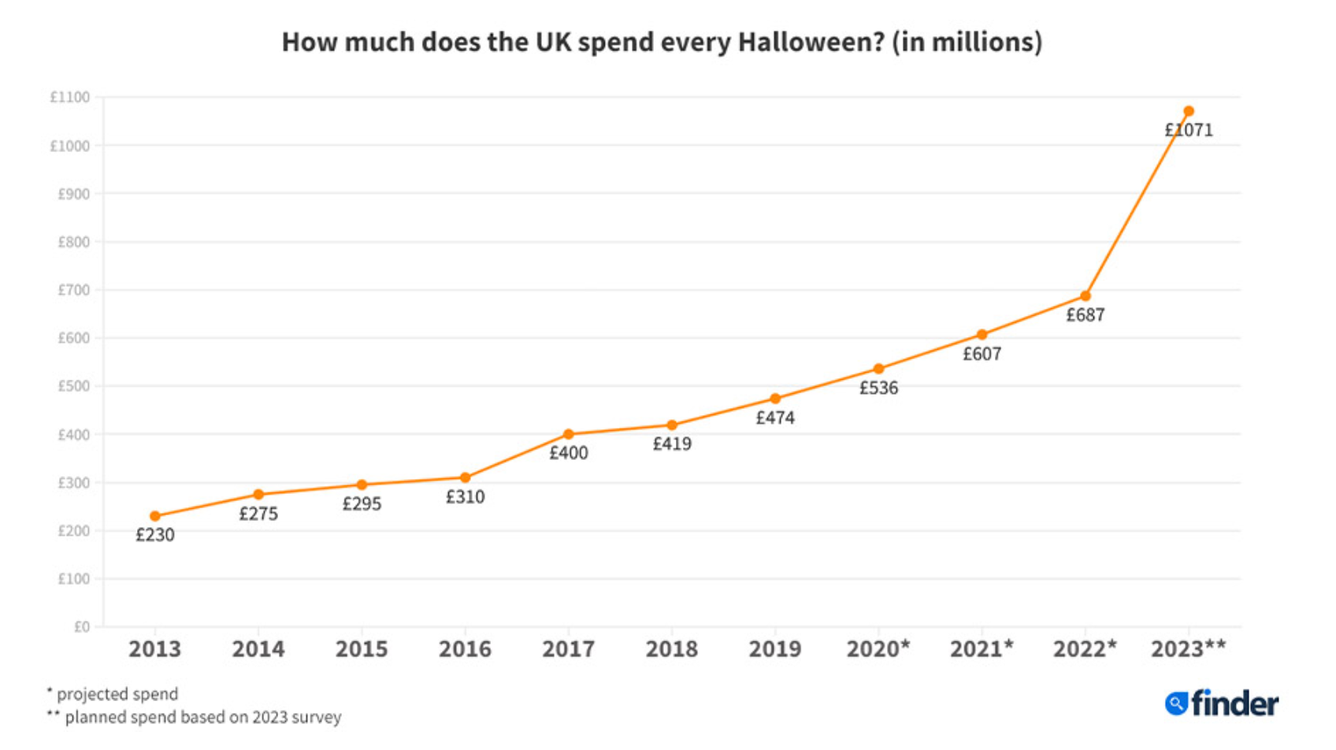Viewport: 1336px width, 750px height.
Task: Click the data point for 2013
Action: coord(155,516)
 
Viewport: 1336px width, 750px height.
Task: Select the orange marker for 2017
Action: coord(569,434)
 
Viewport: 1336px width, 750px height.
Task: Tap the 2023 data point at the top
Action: coord(1189,111)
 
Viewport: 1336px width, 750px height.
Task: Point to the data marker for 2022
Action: coord(1085,296)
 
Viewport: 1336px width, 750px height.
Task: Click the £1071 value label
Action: coord(1189,130)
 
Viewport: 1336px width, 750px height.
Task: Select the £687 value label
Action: coord(1085,315)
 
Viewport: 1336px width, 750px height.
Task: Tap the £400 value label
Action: coord(569,453)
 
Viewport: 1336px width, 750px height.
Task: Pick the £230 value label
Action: coord(155,535)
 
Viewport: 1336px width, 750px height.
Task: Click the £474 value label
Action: coord(775,418)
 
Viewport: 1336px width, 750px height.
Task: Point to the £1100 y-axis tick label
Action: coord(70,97)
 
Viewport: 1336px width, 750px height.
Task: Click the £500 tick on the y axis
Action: coord(73,386)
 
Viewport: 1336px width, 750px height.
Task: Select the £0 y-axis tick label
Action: coord(82,627)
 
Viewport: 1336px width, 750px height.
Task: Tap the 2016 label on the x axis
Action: coord(465,649)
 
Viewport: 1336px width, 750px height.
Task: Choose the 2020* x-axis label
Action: coord(878,649)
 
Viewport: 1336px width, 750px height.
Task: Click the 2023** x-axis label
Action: coord(1188,649)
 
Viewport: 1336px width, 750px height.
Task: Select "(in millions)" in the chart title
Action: coord(967,42)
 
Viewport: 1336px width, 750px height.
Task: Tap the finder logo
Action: coord(1222,704)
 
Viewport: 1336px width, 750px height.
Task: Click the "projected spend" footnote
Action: coord(117,694)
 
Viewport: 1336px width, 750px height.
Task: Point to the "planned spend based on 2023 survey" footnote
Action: coord(202,717)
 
